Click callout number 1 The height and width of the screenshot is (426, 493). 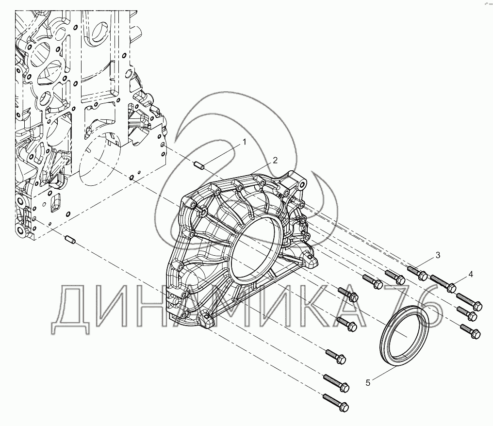(x=244, y=142)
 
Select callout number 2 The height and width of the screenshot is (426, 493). (x=275, y=160)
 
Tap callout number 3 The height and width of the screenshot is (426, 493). (x=438, y=255)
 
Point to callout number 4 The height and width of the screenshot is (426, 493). (x=470, y=274)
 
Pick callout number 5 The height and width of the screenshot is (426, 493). (x=368, y=383)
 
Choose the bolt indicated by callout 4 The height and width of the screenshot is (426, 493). (x=444, y=283)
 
